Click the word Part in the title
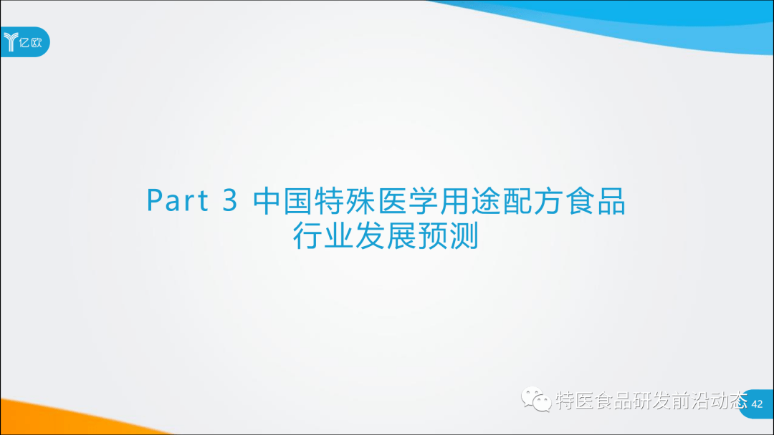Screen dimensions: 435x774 178,202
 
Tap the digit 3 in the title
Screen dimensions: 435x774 229,202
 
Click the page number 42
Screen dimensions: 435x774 757,405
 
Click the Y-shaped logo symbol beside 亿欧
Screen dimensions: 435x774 12,42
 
